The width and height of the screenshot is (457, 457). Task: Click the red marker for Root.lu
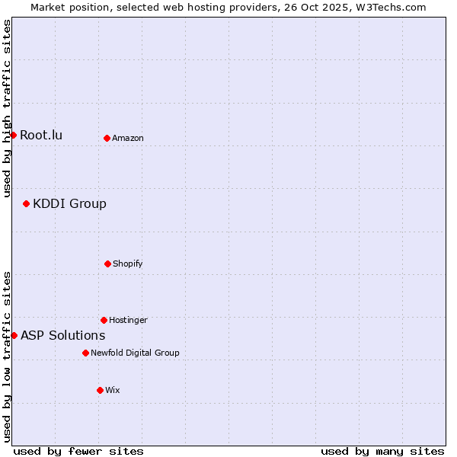click(13, 136)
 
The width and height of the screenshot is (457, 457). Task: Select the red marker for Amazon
click(107, 138)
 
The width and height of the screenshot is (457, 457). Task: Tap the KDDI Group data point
click(26, 203)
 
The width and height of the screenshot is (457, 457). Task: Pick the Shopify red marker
click(107, 264)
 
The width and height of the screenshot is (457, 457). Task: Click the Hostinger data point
click(104, 320)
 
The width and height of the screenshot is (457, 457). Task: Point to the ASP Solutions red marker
click(14, 335)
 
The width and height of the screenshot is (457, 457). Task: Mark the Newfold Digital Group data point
click(85, 353)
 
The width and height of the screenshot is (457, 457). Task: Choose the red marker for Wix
click(100, 390)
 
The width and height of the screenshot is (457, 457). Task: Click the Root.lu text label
click(41, 136)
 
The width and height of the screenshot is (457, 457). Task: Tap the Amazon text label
click(128, 138)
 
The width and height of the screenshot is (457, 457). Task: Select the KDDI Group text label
click(69, 203)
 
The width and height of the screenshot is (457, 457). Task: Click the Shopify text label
click(128, 264)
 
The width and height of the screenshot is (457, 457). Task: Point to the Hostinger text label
click(128, 320)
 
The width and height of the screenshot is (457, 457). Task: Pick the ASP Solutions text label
click(62, 335)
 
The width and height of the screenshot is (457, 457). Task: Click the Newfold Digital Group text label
click(135, 353)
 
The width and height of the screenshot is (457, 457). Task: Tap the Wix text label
click(113, 390)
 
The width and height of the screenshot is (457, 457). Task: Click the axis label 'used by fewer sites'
click(78, 451)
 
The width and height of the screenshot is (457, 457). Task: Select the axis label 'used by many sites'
click(382, 451)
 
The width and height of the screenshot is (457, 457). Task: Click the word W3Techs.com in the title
click(390, 7)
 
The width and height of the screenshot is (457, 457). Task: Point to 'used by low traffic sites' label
click(7, 356)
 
